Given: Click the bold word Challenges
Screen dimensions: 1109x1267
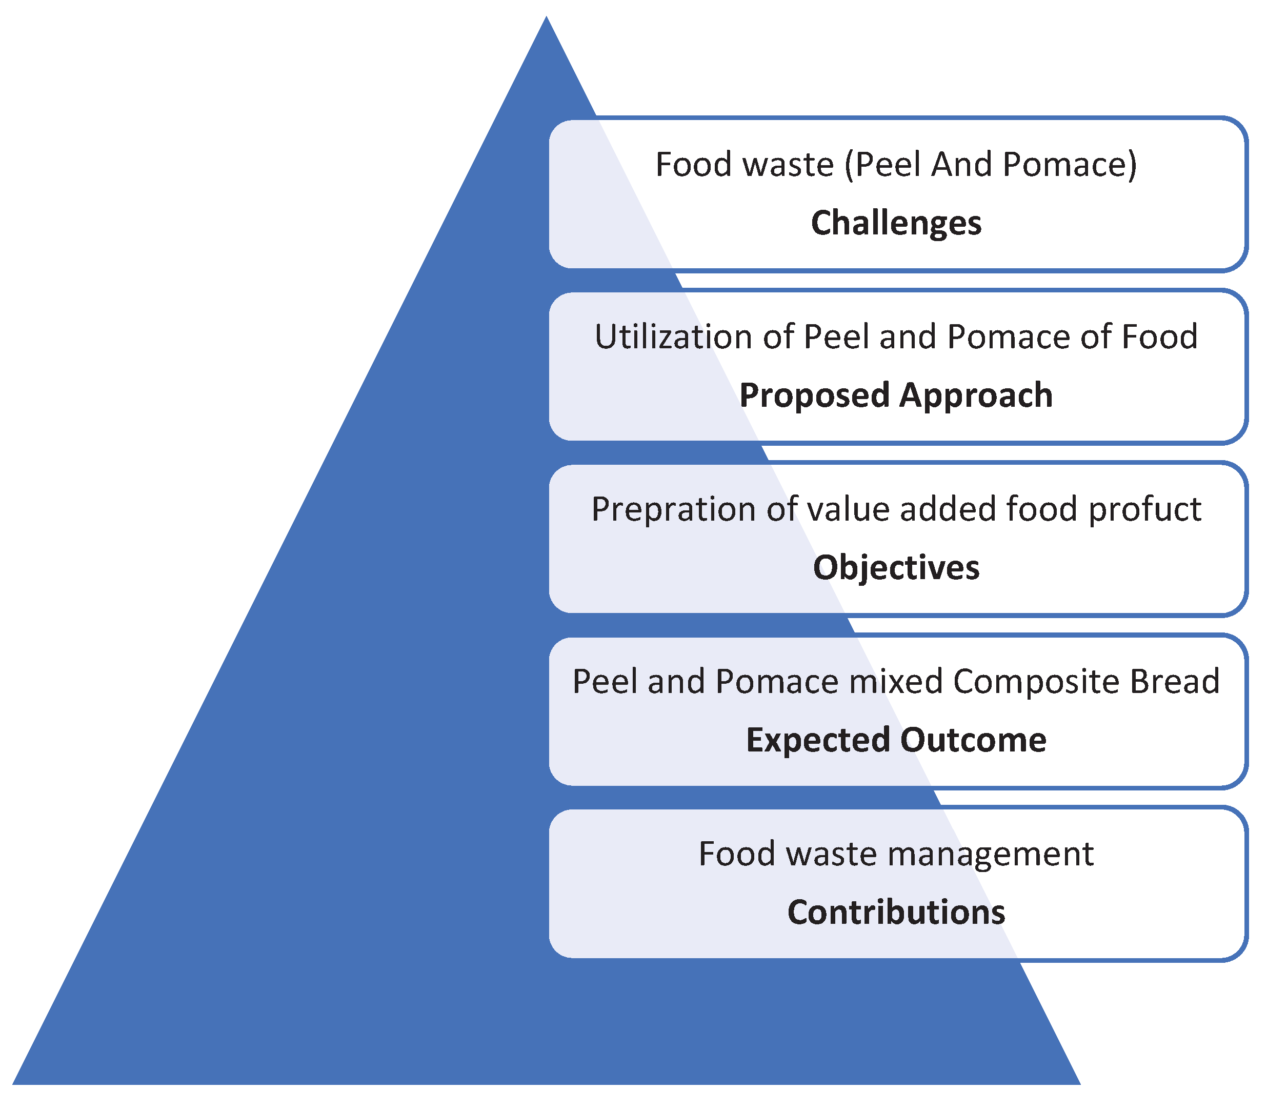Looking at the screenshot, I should point(896,223).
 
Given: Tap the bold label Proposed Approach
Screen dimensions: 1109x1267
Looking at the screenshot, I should point(896,395).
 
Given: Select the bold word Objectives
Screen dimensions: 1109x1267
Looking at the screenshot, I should point(896,567).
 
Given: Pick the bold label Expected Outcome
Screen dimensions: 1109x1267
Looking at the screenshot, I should point(896,740).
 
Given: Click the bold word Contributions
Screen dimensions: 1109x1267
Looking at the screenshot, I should point(896,912).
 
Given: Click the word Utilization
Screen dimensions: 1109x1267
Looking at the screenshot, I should point(673,338).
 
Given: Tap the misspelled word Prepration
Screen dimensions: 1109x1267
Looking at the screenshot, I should point(673,509).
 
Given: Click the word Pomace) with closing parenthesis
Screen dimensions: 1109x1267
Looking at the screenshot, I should point(1070,165).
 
